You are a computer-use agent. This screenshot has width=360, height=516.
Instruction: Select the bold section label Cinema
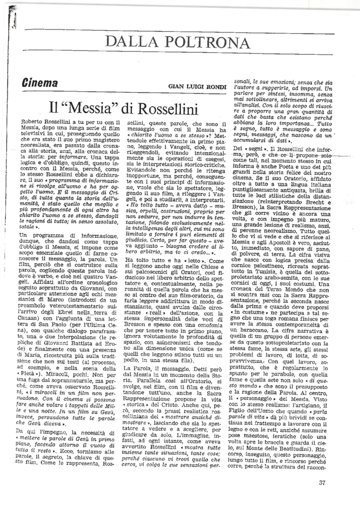(x=40, y=84)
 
